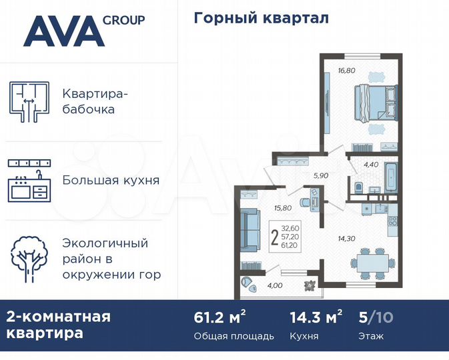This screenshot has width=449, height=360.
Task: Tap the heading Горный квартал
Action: coord(261,18)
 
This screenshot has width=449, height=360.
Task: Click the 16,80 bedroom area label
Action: coord(347,69)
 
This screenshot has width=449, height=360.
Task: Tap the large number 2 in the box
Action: coord(275,237)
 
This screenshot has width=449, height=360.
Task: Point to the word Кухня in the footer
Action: coord(304,336)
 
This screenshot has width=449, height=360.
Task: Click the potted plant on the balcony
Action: coord(310,285)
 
